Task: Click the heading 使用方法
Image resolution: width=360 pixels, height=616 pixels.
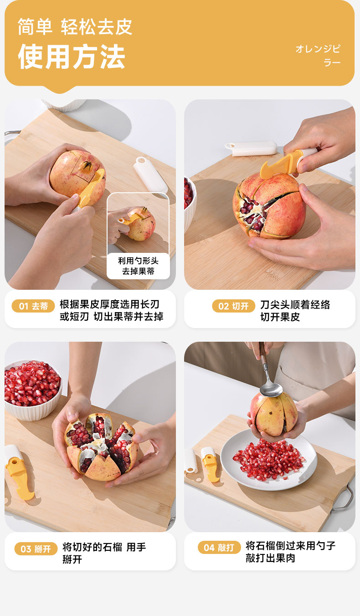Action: point(72,56)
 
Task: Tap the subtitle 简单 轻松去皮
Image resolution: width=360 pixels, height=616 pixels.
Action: point(75,27)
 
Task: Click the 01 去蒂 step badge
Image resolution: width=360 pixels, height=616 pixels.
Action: point(33,306)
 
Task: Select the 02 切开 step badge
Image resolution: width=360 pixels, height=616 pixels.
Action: point(233,306)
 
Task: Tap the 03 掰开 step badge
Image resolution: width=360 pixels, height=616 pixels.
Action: point(36,549)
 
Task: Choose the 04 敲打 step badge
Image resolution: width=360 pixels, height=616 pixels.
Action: point(219,547)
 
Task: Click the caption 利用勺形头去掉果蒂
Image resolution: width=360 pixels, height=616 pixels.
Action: point(139,266)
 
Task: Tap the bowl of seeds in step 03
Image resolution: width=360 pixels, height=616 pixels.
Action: point(32,390)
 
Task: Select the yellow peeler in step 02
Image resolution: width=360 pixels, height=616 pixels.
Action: point(286,164)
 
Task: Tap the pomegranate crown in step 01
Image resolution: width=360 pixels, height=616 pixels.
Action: point(86,166)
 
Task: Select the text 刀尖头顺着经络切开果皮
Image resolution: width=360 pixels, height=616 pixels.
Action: point(295,311)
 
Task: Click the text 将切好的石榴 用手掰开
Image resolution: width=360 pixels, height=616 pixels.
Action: point(104,553)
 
